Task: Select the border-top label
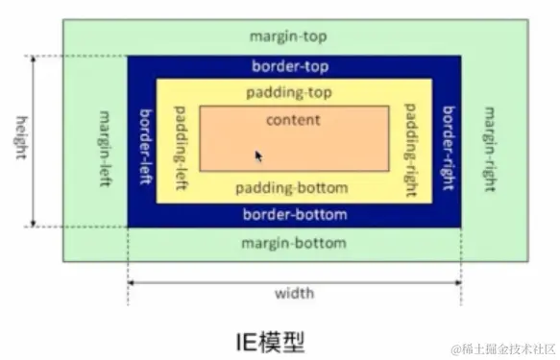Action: [292, 67]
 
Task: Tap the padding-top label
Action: [294, 94]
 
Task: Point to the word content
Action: [293, 120]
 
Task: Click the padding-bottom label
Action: [292, 187]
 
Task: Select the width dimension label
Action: [294, 293]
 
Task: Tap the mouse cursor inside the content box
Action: [258, 156]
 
